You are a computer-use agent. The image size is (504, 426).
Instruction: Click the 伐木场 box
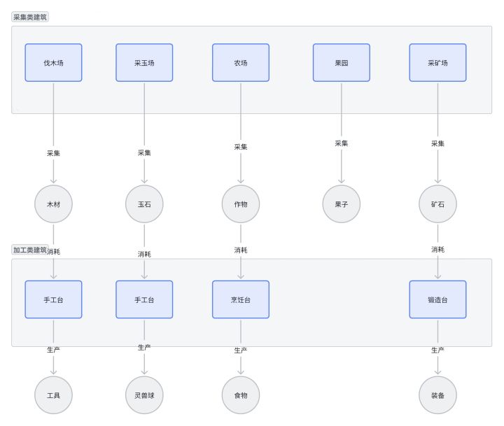point(53,63)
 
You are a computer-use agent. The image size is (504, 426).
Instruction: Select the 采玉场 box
point(144,63)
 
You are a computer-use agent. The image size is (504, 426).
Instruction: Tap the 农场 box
point(241,63)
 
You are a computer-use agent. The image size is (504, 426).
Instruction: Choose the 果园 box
point(342,63)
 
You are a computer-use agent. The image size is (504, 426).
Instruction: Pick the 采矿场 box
point(437,63)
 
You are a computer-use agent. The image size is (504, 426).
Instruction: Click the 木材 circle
point(53,204)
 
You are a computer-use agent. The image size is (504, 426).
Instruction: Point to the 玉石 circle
point(144,204)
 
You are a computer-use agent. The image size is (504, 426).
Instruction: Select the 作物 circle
point(241,204)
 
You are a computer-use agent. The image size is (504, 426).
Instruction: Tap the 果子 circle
point(342,204)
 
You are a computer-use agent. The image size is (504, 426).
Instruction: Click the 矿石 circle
point(437,204)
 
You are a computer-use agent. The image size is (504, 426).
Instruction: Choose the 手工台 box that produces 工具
point(53,299)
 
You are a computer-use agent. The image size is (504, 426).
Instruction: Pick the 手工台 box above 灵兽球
point(144,299)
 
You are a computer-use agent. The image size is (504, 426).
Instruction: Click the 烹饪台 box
point(241,299)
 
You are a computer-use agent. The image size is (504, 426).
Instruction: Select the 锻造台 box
point(437,299)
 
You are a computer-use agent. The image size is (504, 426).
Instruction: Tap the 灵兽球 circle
point(144,395)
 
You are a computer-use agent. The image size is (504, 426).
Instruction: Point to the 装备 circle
point(437,395)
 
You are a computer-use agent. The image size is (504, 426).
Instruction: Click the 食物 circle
point(241,395)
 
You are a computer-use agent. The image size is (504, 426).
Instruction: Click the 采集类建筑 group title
point(30,17)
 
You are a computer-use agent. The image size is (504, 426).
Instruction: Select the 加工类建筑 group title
point(30,250)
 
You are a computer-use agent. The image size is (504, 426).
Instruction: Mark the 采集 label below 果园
point(342,143)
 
